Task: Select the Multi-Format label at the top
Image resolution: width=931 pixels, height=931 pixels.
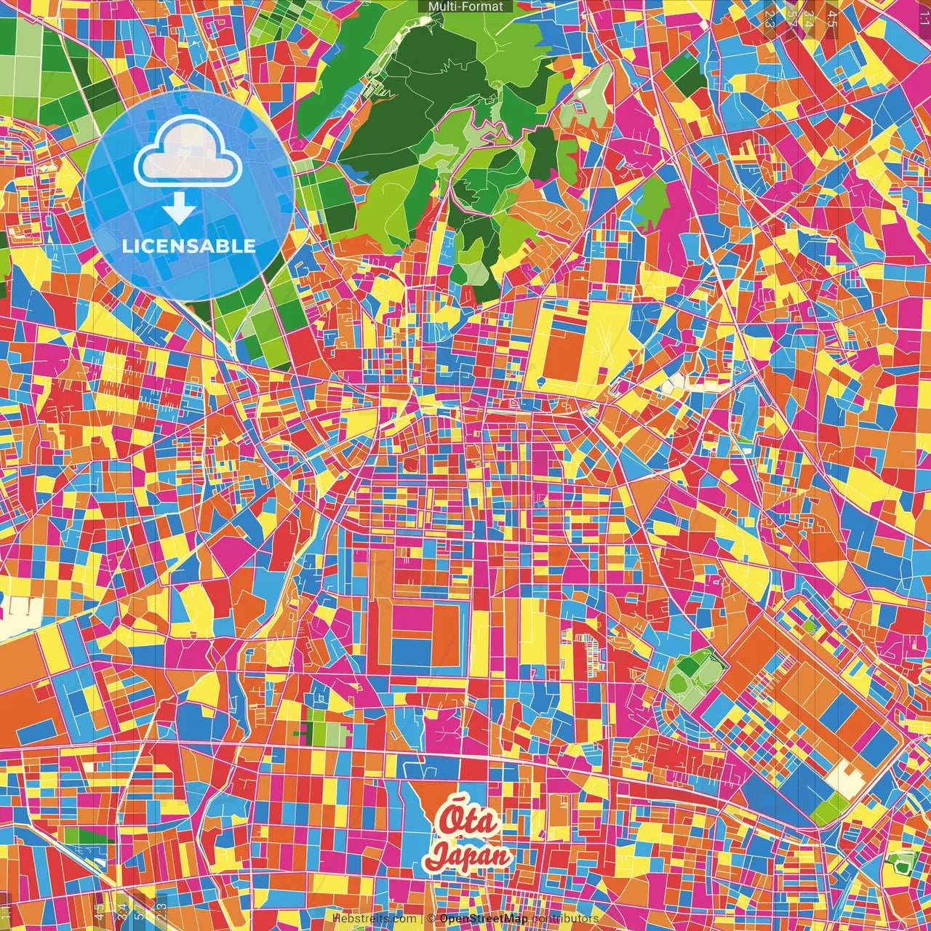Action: [465, 7]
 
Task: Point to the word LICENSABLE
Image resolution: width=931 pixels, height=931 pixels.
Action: [188, 246]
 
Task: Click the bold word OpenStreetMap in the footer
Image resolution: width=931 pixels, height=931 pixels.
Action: [484, 919]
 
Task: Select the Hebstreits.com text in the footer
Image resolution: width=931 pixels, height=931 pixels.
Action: [374, 919]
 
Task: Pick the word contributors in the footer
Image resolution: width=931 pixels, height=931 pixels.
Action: [564, 919]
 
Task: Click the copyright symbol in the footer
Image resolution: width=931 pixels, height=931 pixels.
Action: [431, 919]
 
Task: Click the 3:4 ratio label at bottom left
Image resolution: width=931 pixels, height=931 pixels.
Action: [121, 910]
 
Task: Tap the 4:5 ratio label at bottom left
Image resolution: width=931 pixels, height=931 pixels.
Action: [100, 910]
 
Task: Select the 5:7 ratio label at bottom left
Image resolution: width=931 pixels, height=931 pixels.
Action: [140, 910]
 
